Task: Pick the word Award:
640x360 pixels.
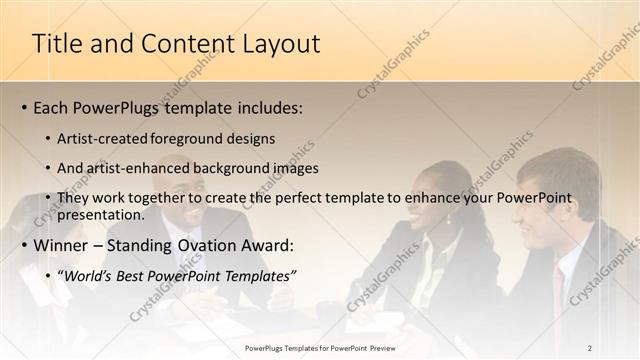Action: tap(264, 245)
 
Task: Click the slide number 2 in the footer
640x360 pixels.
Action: tap(589, 348)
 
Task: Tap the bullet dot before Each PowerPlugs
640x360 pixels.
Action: tap(23, 108)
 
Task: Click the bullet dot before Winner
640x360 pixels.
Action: tap(23, 246)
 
